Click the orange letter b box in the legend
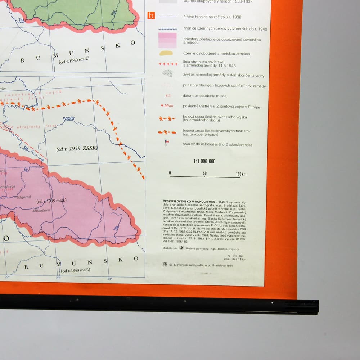click(152, 16)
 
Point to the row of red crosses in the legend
click(168, 64)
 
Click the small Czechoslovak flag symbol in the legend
click(166, 143)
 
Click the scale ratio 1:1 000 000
click(204, 161)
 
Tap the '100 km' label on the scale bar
click(241, 174)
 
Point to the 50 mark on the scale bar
click(204, 173)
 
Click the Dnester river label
click(69, 118)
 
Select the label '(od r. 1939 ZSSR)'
click(77, 149)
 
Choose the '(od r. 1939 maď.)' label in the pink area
click(51, 201)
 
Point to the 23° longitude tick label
click(58, 278)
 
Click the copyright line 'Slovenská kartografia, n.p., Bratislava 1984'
click(203, 265)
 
